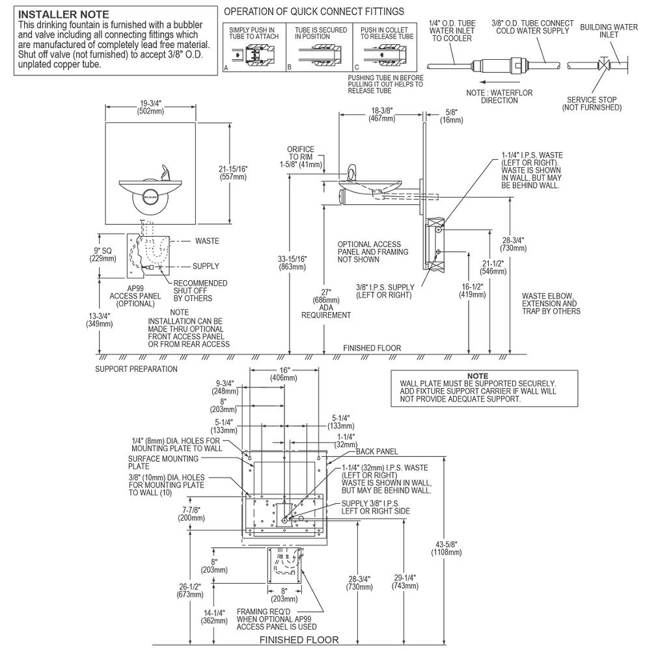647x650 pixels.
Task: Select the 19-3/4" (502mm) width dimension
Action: pyautogui.click(x=151, y=107)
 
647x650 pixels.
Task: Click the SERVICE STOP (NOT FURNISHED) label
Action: pyautogui.click(x=592, y=103)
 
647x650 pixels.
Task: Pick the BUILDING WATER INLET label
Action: pyautogui.click(x=599, y=30)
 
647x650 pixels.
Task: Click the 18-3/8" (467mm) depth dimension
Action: pyautogui.click(x=381, y=114)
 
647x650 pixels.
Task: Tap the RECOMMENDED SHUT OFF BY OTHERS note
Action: pyautogui.click(x=200, y=291)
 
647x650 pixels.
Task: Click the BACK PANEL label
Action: pyautogui.click(x=376, y=450)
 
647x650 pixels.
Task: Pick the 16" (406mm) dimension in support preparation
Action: pyautogui.click(x=284, y=373)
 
